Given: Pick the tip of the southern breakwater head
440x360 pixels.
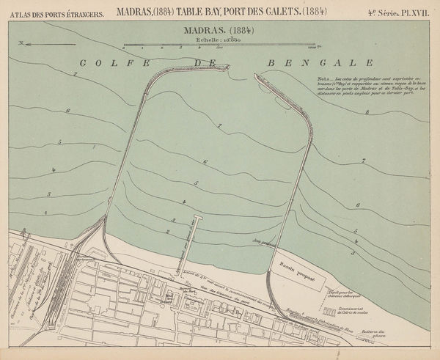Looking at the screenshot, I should tap(257, 76).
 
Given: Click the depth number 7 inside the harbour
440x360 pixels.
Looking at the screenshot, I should tap(219, 127).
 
